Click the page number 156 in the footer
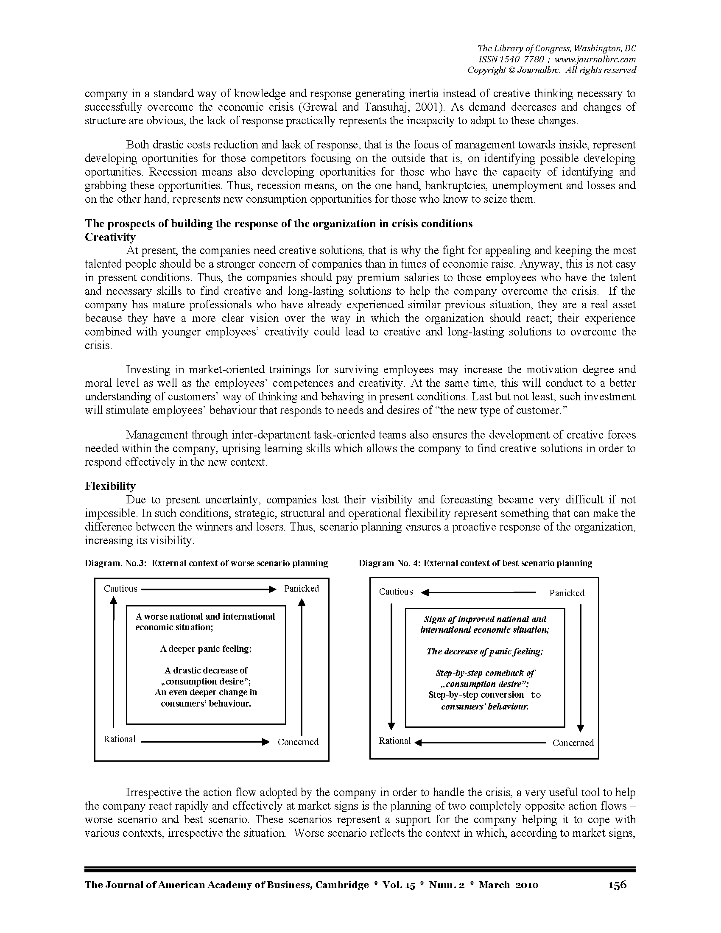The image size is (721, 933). tap(617, 885)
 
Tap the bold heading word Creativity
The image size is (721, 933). tap(110, 237)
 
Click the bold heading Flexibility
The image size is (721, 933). tap(110, 486)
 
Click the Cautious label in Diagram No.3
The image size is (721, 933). tap(120, 589)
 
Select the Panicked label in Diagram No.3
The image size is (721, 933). tap(302, 589)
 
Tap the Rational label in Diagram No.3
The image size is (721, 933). tap(120, 740)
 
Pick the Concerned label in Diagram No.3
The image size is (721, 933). tap(298, 742)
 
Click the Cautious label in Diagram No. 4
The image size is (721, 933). tap(396, 592)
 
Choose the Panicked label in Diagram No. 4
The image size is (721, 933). tap(567, 593)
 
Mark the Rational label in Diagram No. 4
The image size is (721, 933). tap(395, 741)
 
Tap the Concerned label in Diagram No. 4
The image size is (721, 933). tap(573, 743)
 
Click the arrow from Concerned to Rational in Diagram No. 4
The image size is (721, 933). tap(481, 743)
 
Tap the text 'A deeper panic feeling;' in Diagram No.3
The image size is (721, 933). tap(206, 649)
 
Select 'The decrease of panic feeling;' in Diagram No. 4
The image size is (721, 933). tap(485, 651)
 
